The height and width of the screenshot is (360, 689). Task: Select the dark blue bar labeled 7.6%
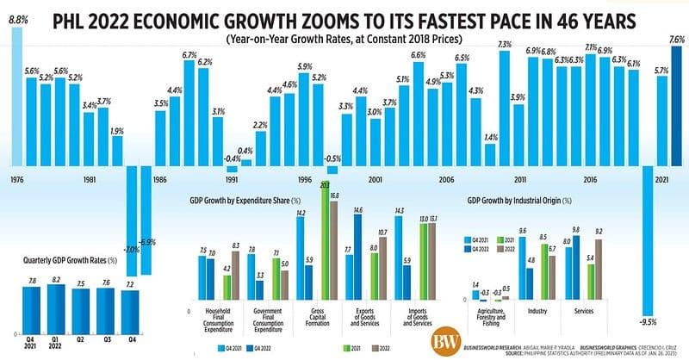pyautogui.click(x=676, y=103)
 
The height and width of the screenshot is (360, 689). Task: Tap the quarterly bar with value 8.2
pyautogui.click(x=56, y=309)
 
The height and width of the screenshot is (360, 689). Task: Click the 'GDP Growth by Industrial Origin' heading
pyautogui.click(x=518, y=202)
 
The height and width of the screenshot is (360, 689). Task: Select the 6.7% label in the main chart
pyautogui.click(x=189, y=54)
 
